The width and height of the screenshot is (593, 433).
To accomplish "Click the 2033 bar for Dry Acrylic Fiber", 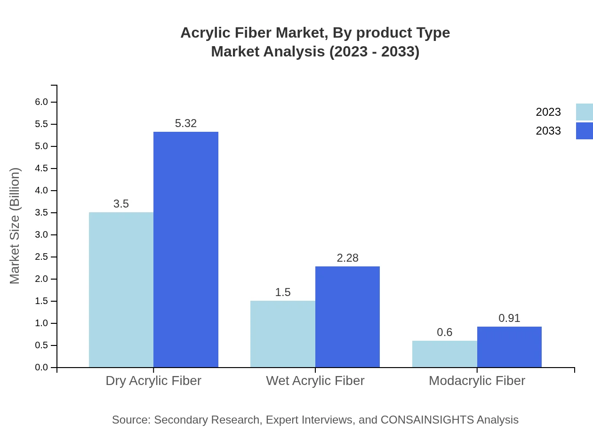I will click(x=186, y=249).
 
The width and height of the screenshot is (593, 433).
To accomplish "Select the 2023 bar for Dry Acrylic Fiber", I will click(x=121, y=289).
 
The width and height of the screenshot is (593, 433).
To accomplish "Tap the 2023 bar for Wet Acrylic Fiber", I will click(x=282, y=334).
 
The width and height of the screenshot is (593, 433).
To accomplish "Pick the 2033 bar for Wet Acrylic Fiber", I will click(x=347, y=317).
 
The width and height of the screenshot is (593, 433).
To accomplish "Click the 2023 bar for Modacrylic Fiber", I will click(x=444, y=354).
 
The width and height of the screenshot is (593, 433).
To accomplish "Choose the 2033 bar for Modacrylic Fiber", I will click(x=509, y=347).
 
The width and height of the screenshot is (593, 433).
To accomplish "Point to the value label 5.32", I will click(x=186, y=123).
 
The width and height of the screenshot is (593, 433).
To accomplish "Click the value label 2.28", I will click(x=347, y=258).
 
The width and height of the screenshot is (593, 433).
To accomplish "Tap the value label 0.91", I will click(x=509, y=318).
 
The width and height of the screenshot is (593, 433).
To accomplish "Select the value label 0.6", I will click(x=444, y=332).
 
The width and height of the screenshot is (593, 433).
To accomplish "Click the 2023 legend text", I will click(x=548, y=112).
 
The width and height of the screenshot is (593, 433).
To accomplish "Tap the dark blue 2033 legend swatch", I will click(x=584, y=131).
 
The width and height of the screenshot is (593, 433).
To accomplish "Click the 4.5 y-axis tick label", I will click(x=41, y=168).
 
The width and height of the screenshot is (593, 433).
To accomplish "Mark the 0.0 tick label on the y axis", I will click(x=41, y=368).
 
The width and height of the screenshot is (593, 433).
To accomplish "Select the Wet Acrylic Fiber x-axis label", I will click(x=315, y=380).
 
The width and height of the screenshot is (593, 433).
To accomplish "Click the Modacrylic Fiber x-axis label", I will click(x=477, y=380).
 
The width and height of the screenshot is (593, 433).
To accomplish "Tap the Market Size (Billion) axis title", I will click(x=15, y=226).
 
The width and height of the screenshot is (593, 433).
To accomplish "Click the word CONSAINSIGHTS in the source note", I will click(x=426, y=419).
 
